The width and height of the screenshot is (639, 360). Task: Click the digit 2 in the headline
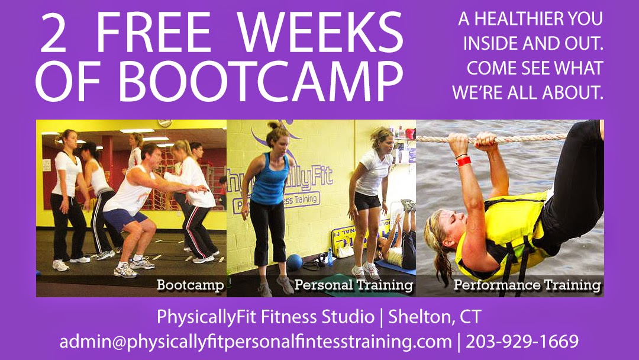(x=53, y=33)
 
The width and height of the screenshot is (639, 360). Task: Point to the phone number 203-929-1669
(x=522, y=341)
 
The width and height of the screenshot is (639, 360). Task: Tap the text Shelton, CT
(x=434, y=317)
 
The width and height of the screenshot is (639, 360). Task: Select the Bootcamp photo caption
(x=191, y=285)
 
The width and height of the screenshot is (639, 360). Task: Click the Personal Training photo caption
(x=354, y=285)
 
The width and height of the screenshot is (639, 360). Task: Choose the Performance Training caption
(x=527, y=285)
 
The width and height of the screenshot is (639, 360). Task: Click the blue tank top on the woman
(x=269, y=179)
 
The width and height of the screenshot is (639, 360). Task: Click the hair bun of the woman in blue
(x=273, y=124)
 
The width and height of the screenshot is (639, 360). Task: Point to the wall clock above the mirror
(x=164, y=123)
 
